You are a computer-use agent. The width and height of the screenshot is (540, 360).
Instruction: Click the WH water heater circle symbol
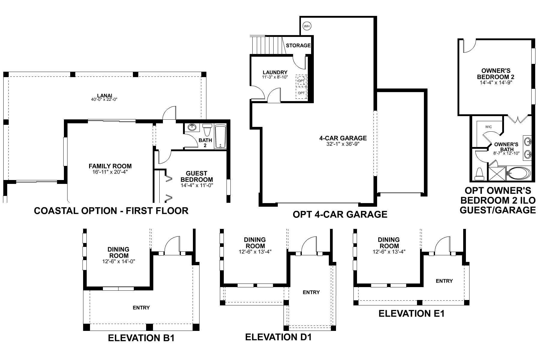[306, 26]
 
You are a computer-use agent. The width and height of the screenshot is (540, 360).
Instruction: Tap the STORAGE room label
[298, 46]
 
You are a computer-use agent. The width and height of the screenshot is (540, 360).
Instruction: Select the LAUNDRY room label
[275, 72]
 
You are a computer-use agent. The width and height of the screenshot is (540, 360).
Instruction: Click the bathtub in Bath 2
[221, 136]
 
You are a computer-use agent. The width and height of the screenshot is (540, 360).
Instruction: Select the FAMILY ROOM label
[110, 166]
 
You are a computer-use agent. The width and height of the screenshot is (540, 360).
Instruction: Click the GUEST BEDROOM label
[196, 176]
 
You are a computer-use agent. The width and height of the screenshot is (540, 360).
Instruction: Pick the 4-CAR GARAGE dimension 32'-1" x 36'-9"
[343, 144]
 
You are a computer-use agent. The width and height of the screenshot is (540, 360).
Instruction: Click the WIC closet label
[488, 127]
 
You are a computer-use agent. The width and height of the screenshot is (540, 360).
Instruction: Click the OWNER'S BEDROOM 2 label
[496, 74]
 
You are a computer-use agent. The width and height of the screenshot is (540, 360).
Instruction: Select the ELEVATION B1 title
[141, 338]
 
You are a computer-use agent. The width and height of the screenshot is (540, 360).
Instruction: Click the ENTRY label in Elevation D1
[311, 292]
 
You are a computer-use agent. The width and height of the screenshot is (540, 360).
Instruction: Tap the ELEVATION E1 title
[411, 313]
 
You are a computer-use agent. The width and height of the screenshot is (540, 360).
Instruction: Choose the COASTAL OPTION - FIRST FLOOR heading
[111, 211]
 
